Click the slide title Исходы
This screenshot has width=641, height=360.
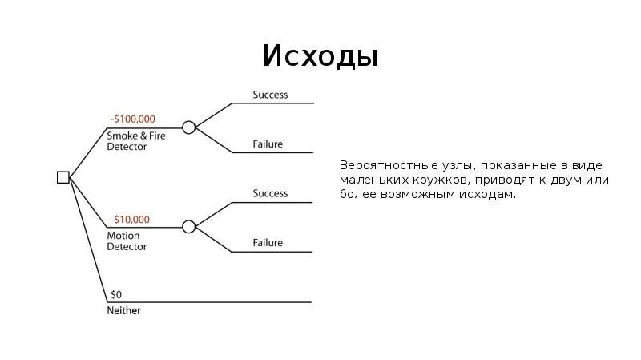pyautogui.click(x=320, y=57)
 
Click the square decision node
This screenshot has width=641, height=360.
pyautogui.click(x=63, y=177)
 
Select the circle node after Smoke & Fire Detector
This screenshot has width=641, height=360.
pyautogui.click(x=189, y=127)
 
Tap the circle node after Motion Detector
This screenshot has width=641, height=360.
pyautogui.click(x=189, y=227)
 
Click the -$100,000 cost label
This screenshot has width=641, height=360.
pyautogui.click(x=132, y=119)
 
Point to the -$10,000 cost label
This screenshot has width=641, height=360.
pyautogui.click(x=130, y=219)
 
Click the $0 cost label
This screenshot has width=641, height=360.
pyautogui.click(x=116, y=294)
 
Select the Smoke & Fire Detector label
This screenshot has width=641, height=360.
pyautogui.click(x=136, y=141)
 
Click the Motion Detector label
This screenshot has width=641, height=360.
pyautogui.click(x=127, y=241)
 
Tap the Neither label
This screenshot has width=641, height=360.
pyautogui.click(x=123, y=310)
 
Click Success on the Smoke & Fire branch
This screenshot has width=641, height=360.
pyautogui.click(x=270, y=95)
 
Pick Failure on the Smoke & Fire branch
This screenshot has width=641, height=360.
pyautogui.click(x=268, y=144)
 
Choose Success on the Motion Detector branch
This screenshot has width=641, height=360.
pyautogui.click(x=270, y=193)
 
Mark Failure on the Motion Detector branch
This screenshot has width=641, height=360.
pyautogui.click(x=268, y=243)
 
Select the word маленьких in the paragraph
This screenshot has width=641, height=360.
pyautogui.click(x=373, y=180)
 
